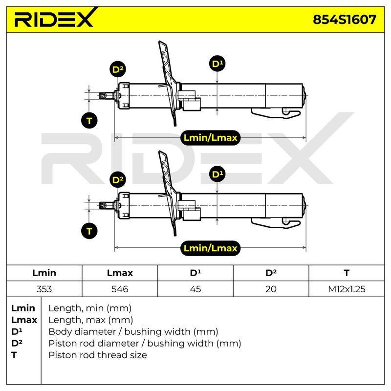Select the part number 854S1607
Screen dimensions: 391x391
345,20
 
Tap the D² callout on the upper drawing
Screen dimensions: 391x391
117,69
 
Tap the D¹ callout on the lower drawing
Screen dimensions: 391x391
217,174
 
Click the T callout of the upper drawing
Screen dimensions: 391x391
89,121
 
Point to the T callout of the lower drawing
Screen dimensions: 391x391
89,231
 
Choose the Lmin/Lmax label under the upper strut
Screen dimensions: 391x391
210,138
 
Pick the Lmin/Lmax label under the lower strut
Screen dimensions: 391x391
210,248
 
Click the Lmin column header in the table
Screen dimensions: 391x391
44,273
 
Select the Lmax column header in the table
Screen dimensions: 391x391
120,273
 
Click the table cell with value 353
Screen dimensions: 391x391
44,289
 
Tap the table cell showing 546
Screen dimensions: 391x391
120,289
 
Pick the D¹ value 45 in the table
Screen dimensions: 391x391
195,289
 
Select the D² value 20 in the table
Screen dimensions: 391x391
271,289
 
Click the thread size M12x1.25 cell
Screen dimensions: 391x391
347,289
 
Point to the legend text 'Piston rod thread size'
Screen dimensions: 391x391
97,355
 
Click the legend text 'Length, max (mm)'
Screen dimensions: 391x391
90,320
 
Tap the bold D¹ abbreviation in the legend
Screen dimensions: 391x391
17,331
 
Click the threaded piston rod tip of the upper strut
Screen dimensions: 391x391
103,96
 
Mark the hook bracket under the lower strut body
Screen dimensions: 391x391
276,222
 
